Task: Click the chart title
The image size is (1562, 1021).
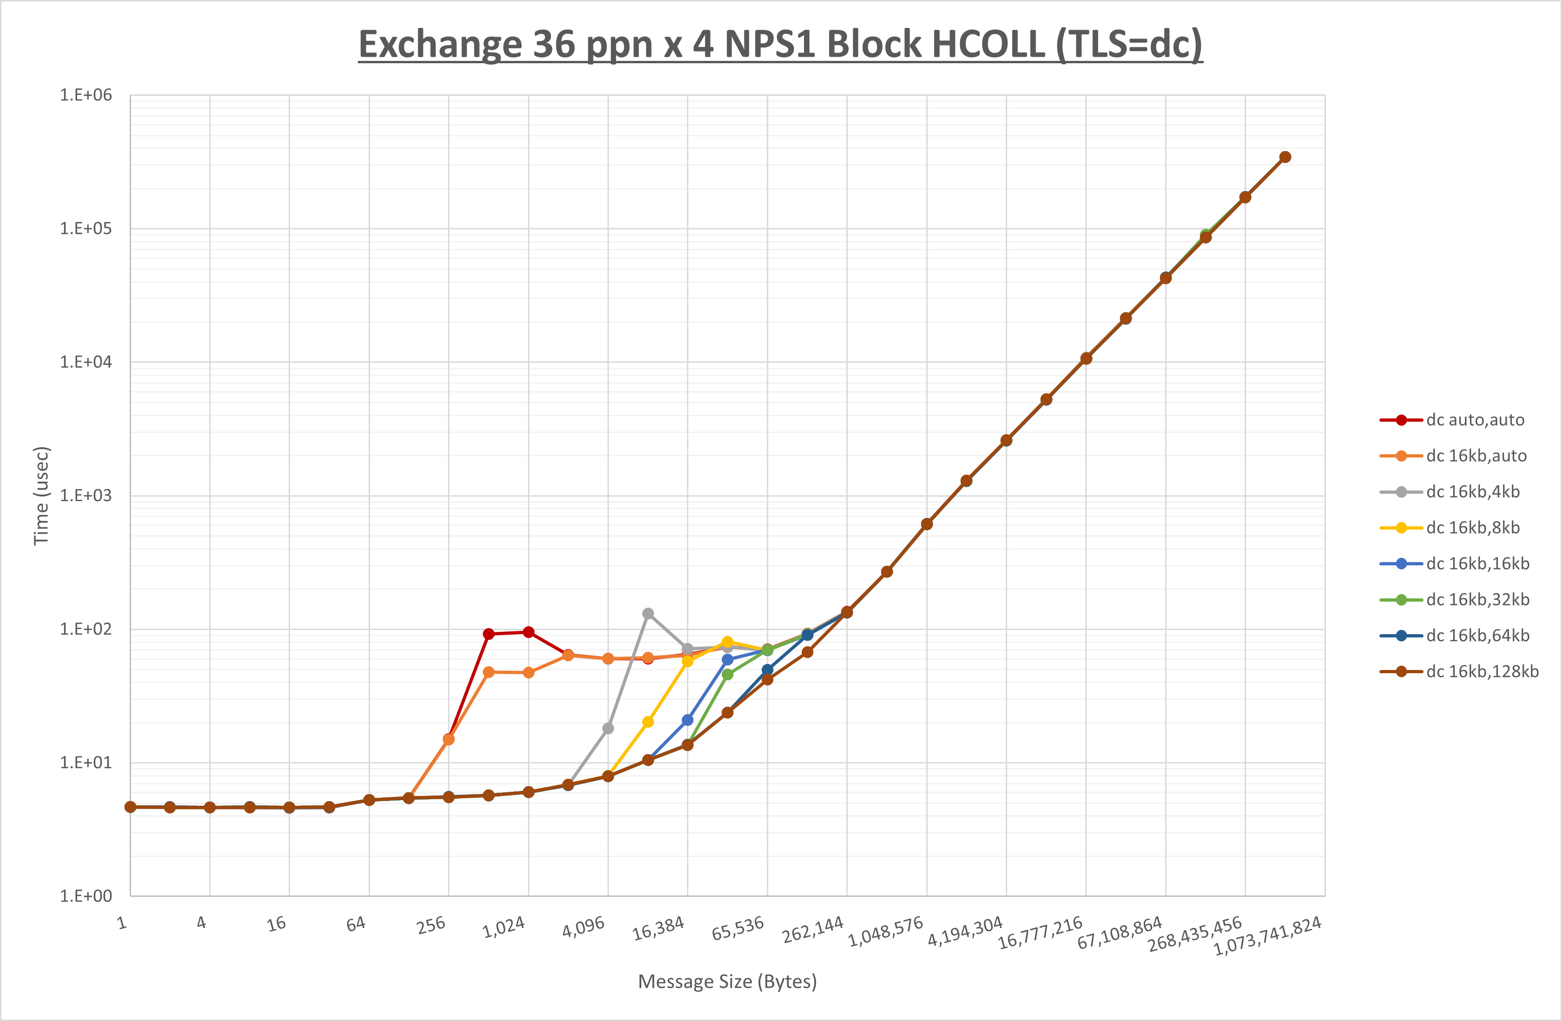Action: click(780, 45)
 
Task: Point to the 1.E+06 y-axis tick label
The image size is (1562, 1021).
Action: click(86, 95)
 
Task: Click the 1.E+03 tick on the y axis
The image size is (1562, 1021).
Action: click(86, 496)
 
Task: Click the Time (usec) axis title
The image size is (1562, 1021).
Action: click(41, 496)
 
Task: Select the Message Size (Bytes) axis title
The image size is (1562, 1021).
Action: click(727, 981)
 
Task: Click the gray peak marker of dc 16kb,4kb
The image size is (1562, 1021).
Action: click(648, 614)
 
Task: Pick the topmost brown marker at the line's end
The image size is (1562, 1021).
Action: click(1285, 158)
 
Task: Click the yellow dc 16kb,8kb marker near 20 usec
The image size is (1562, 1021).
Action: click(648, 722)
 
